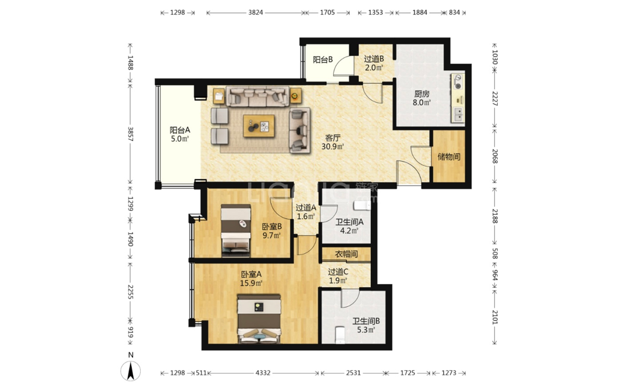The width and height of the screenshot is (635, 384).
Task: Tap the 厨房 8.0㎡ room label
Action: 421,99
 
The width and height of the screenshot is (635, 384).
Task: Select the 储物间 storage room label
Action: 448,156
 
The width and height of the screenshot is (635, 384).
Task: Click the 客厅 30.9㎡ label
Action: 333,142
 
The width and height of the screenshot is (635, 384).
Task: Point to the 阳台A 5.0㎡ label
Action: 180,134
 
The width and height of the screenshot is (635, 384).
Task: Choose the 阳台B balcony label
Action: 323,59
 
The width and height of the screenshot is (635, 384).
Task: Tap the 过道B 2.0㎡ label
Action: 374,63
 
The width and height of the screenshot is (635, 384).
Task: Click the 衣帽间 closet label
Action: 346,254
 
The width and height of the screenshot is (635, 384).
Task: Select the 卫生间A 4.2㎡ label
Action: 349,226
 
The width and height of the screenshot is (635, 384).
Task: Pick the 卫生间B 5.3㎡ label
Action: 366,326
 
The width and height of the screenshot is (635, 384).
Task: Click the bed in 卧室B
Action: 236,231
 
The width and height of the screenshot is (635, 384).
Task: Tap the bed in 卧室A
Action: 259,319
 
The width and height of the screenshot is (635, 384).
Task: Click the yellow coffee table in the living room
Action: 259,126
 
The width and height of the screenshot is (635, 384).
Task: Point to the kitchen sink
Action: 459,114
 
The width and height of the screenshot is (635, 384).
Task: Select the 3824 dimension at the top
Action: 255,12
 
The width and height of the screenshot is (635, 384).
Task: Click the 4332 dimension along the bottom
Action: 263,373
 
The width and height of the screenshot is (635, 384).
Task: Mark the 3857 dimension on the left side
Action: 131,134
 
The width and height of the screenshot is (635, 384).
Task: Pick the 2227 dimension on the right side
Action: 494,98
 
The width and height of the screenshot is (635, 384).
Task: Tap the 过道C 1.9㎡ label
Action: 338,276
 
